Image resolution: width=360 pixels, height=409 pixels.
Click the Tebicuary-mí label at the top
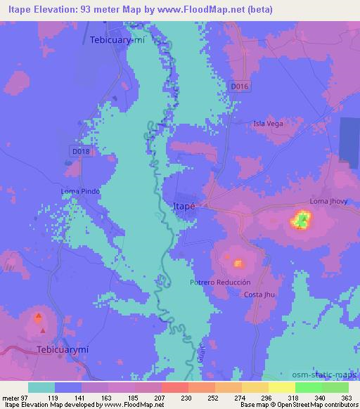[x=117, y=40]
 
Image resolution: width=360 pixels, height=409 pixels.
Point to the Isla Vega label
[x=268, y=124]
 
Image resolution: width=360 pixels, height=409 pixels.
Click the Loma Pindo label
[x=80, y=191]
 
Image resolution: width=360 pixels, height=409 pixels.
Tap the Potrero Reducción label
[x=220, y=282]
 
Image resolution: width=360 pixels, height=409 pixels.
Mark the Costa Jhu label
[x=257, y=294]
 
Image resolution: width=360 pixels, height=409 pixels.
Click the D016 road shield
[x=239, y=85]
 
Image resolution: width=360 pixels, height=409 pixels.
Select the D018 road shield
[x=80, y=150]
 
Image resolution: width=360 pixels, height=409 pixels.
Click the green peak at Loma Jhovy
[x=301, y=222]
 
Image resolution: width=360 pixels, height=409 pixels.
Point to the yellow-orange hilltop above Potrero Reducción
[x=238, y=264]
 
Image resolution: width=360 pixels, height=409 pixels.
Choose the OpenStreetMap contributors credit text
[x=314, y=405]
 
